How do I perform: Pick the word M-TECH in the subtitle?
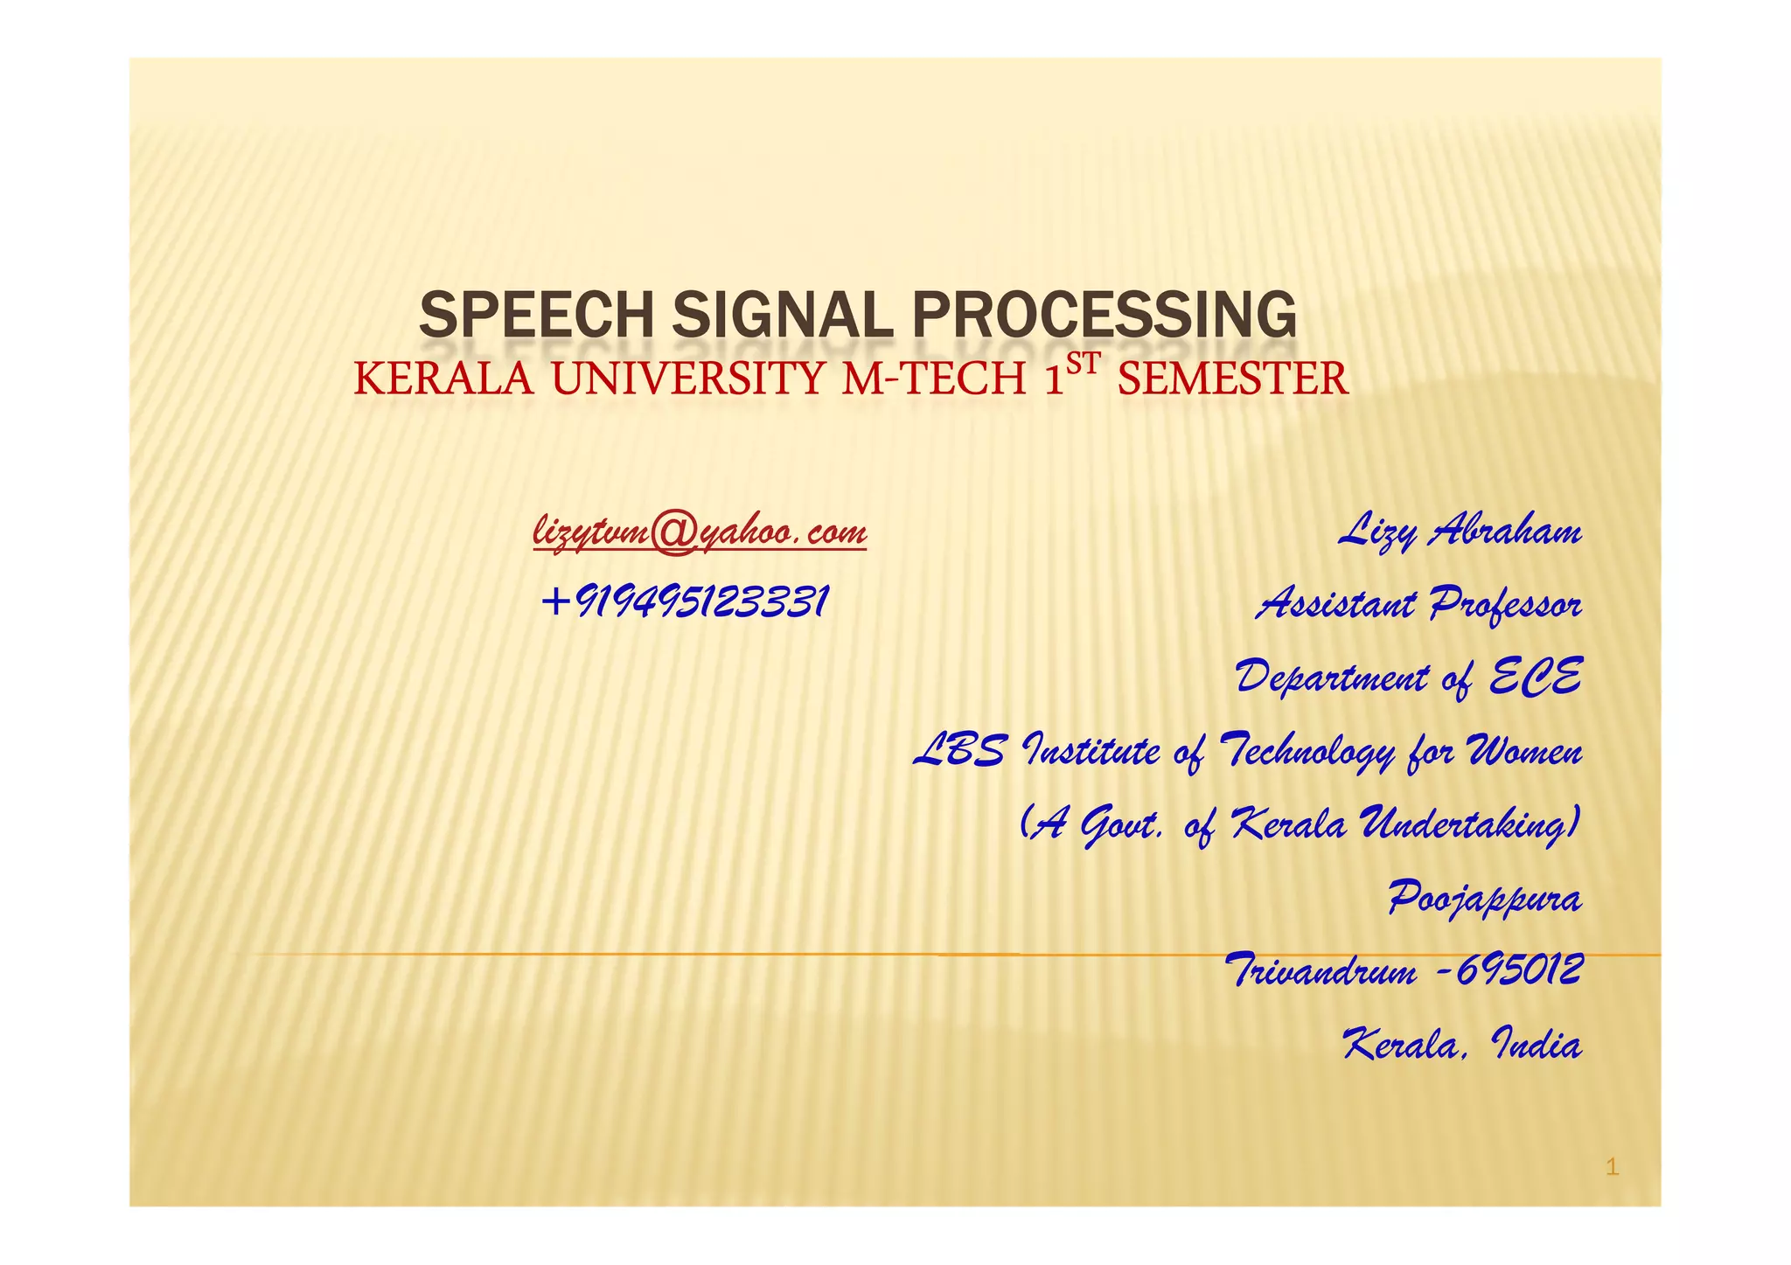click(x=933, y=380)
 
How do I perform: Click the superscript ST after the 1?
click(x=1082, y=365)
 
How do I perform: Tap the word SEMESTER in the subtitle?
click(x=1232, y=380)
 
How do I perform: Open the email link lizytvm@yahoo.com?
click(x=700, y=532)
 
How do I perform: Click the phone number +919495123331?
click(x=685, y=602)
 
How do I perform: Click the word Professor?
click(x=1506, y=604)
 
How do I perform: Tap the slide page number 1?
click(x=1613, y=1166)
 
